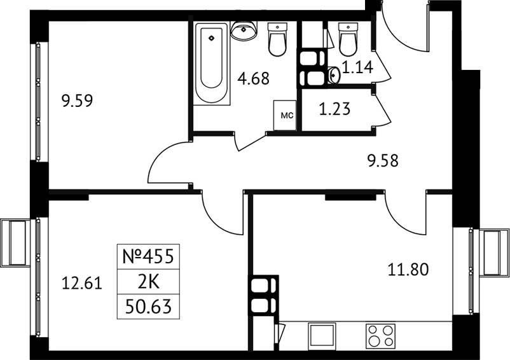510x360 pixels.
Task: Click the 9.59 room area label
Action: [77, 100]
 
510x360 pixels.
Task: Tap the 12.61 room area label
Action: [82, 283]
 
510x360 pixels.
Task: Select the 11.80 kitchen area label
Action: [408, 270]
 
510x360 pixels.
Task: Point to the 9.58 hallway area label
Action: [383, 161]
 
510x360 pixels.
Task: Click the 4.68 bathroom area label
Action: [253, 79]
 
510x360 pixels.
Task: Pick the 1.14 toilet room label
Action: [358, 67]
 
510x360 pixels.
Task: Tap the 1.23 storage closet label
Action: [334, 109]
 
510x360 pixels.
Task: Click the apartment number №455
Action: [148, 256]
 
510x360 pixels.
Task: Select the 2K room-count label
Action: [149, 282]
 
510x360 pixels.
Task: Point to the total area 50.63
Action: [148, 307]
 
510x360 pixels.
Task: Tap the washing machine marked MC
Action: [285, 115]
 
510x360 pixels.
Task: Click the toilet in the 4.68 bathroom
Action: [277, 39]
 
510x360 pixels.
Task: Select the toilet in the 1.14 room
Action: [348, 39]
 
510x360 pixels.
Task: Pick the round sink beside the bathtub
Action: [244, 30]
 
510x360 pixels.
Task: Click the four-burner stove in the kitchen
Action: [380, 335]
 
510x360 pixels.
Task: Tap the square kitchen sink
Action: [322, 335]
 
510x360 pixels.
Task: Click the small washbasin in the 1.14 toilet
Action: [334, 76]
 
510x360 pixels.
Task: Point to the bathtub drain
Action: [212, 38]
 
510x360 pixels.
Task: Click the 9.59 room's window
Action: [38, 102]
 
